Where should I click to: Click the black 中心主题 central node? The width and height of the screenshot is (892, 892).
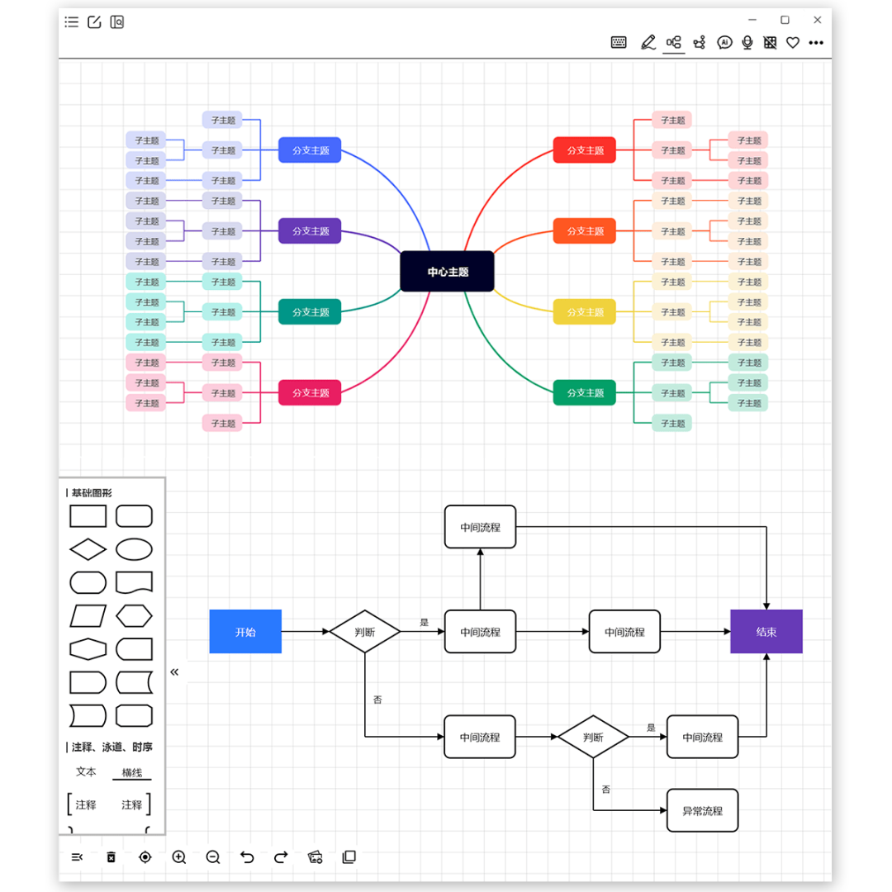click(447, 272)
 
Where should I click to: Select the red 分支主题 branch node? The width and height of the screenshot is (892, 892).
click(584, 150)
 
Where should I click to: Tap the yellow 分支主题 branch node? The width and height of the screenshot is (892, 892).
click(584, 312)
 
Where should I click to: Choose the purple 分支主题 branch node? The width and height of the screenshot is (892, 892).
click(310, 231)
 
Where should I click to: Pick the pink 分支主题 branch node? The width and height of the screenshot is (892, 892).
click(310, 393)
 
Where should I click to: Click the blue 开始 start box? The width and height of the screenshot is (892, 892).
click(245, 632)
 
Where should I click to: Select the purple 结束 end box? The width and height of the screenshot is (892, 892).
click(766, 632)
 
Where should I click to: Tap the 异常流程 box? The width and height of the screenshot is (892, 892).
click(702, 811)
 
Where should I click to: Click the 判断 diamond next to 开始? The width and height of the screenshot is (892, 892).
click(365, 632)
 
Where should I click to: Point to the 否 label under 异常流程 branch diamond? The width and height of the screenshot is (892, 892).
click(606, 790)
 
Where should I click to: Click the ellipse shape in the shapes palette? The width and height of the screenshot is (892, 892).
click(134, 549)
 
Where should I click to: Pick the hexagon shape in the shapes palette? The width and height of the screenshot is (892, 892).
click(134, 615)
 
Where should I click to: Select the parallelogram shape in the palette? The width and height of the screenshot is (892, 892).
click(88, 615)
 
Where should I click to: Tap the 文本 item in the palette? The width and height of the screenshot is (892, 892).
click(86, 771)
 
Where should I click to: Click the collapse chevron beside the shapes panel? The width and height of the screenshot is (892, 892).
click(174, 672)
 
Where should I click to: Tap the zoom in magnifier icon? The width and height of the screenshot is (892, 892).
click(179, 857)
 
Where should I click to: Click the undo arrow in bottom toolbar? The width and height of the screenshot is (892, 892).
click(247, 857)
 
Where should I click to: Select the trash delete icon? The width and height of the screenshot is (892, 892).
click(111, 857)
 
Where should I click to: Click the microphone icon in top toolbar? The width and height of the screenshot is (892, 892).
click(747, 43)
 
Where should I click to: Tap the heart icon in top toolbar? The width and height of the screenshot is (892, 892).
click(793, 43)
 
